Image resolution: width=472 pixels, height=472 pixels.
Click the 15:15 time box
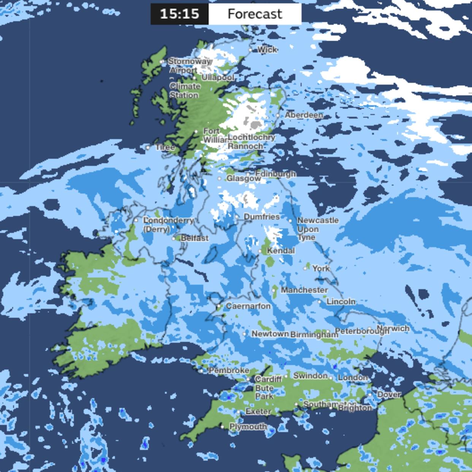(x=179, y=14)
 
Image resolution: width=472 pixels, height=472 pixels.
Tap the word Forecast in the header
(x=255, y=14)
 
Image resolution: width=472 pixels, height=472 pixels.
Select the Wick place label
(x=267, y=49)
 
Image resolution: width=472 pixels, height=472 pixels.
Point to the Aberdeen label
(x=304, y=115)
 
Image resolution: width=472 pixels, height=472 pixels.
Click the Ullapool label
(x=218, y=77)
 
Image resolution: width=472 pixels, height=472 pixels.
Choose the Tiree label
(x=165, y=147)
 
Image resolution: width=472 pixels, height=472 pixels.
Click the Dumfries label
(x=261, y=217)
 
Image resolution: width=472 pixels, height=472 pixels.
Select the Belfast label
(x=195, y=238)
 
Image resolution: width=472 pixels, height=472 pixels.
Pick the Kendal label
(x=280, y=251)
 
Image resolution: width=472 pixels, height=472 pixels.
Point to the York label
(x=321, y=268)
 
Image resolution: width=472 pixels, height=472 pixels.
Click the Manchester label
(x=304, y=290)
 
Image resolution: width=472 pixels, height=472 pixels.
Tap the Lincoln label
(x=341, y=301)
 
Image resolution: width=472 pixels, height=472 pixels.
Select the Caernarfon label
(x=248, y=306)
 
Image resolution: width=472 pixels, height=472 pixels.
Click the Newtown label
(x=270, y=334)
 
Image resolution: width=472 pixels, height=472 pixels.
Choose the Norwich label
(x=393, y=328)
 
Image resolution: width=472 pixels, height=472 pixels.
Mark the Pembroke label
(x=229, y=370)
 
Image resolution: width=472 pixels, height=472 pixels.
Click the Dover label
(x=389, y=394)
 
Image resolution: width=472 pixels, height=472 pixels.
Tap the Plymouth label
(x=248, y=426)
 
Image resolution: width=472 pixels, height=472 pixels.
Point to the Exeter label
(x=258, y=412)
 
